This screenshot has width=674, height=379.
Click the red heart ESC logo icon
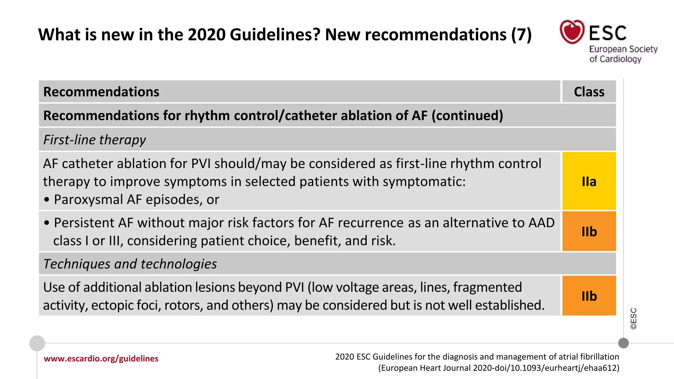click(x=572, y=32)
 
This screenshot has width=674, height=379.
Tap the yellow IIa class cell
click(x=589, y=181)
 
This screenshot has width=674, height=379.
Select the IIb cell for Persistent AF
click(x=589, y=231)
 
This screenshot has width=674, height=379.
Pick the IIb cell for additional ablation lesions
click(x=589, y=296)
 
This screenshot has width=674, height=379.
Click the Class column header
click(x=589, y=92)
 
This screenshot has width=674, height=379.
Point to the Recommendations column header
click(x=101, y=92)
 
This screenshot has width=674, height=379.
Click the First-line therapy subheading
click(x=94, y=140)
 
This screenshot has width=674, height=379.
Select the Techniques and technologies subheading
click(x=130, y=264)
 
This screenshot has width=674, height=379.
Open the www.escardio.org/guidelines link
click(x=101, y=359)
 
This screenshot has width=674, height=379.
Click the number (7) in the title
click(x=521, y=35)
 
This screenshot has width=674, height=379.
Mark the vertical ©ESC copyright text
click(x=634, y=318)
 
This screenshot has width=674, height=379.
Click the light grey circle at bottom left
click(x=37, y=343)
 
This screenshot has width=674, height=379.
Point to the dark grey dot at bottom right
click(x=623, y=343)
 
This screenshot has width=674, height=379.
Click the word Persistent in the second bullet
click(x=84, y=223)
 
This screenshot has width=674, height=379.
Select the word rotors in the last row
click(x=183, y=305)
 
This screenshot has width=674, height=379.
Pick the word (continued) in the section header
click(x=467, y=116)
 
